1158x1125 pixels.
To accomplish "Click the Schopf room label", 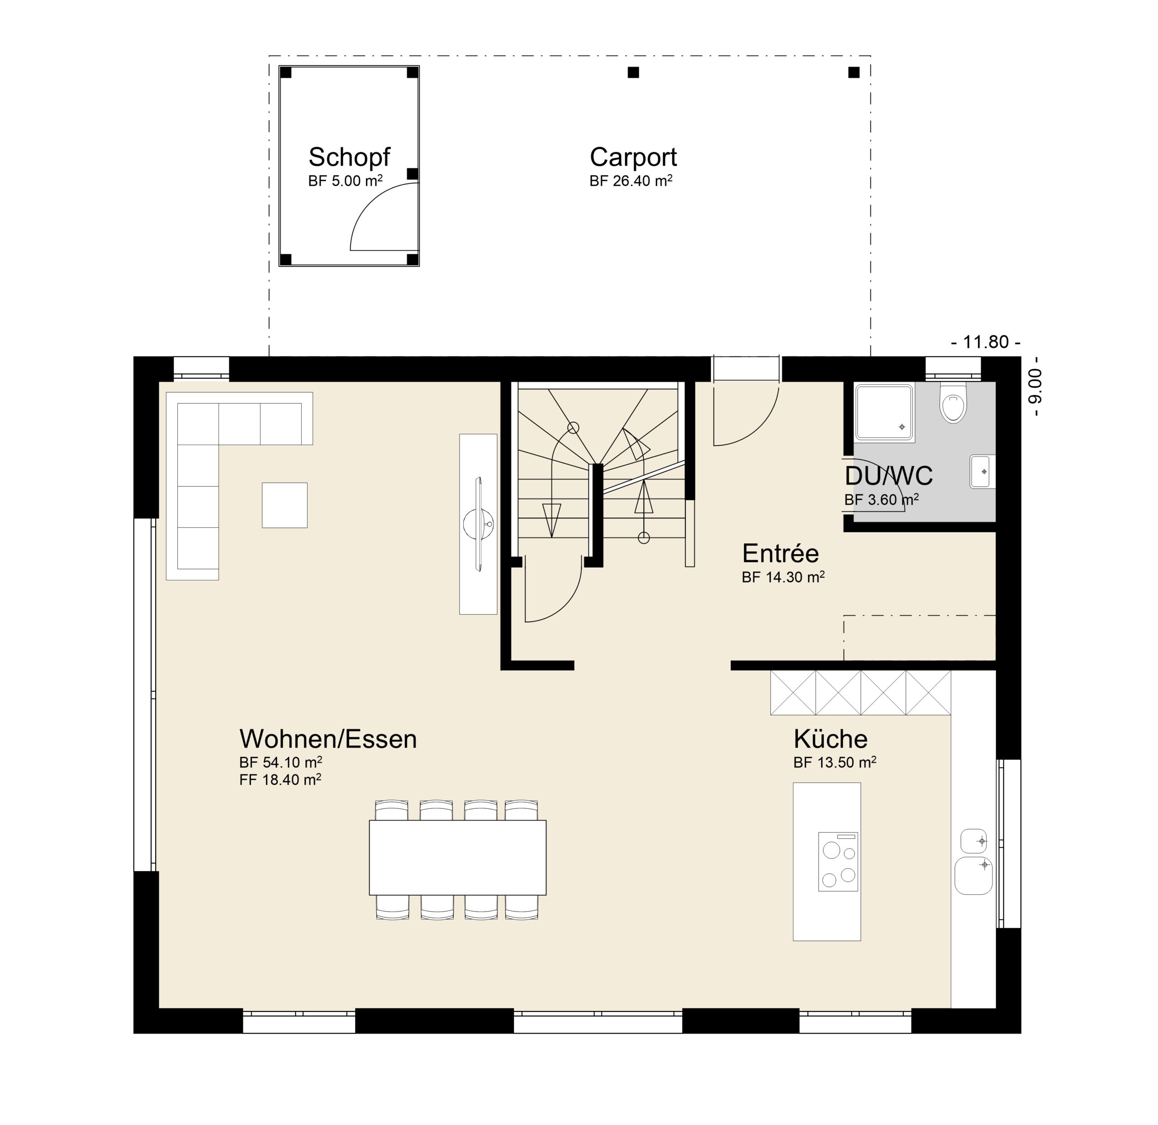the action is (x=349, y=157).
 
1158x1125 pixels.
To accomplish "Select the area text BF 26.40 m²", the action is (x=631, y=181).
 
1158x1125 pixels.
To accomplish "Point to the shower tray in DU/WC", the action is (x=884, y=413).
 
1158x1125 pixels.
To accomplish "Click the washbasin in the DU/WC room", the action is (x=982, y=471).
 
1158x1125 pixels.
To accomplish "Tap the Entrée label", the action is (x=780, y=554).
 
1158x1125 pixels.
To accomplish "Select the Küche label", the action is (x=830, y=739).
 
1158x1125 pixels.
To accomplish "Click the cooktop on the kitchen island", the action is (x=838, y=861).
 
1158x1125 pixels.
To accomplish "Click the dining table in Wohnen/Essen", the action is (x=457, y=857).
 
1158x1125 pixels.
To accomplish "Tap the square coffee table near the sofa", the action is (x=285, y=505).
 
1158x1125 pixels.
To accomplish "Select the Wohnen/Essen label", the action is (x=328, y=739).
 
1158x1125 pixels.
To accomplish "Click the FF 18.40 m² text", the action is (x=280, y=780).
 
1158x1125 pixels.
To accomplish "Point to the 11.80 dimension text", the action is (x=986, y=342).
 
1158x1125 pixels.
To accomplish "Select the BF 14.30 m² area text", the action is (x=783, y=577).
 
